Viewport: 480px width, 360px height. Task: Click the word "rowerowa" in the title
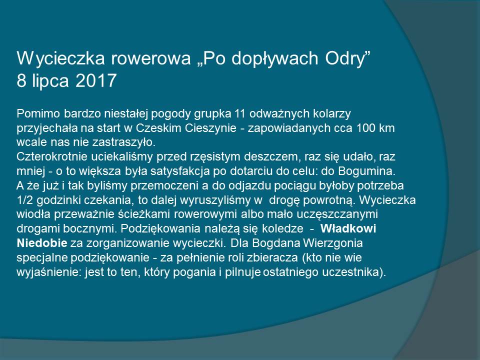pyautogui.click(x=151, y=58)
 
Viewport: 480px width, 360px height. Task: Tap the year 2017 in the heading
pyautogui.click(x=96, y=80)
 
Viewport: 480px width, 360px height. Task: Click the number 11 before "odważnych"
pyautogui.click(x=240, y=113)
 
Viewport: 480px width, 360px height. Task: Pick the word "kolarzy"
pyautogui.click(x=332, y=114)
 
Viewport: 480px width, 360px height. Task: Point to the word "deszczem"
pyautogui.click(x=270, y=157)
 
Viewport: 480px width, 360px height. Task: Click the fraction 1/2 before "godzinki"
pyautogui.click(x=24, y=200)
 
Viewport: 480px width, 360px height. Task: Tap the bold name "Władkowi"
pyautogui.click(x=348, y=228)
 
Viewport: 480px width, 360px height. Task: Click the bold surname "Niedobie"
pyautogui.click(x=42, y=243)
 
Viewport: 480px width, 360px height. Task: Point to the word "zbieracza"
pyautogui.click(x=272, y=257)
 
